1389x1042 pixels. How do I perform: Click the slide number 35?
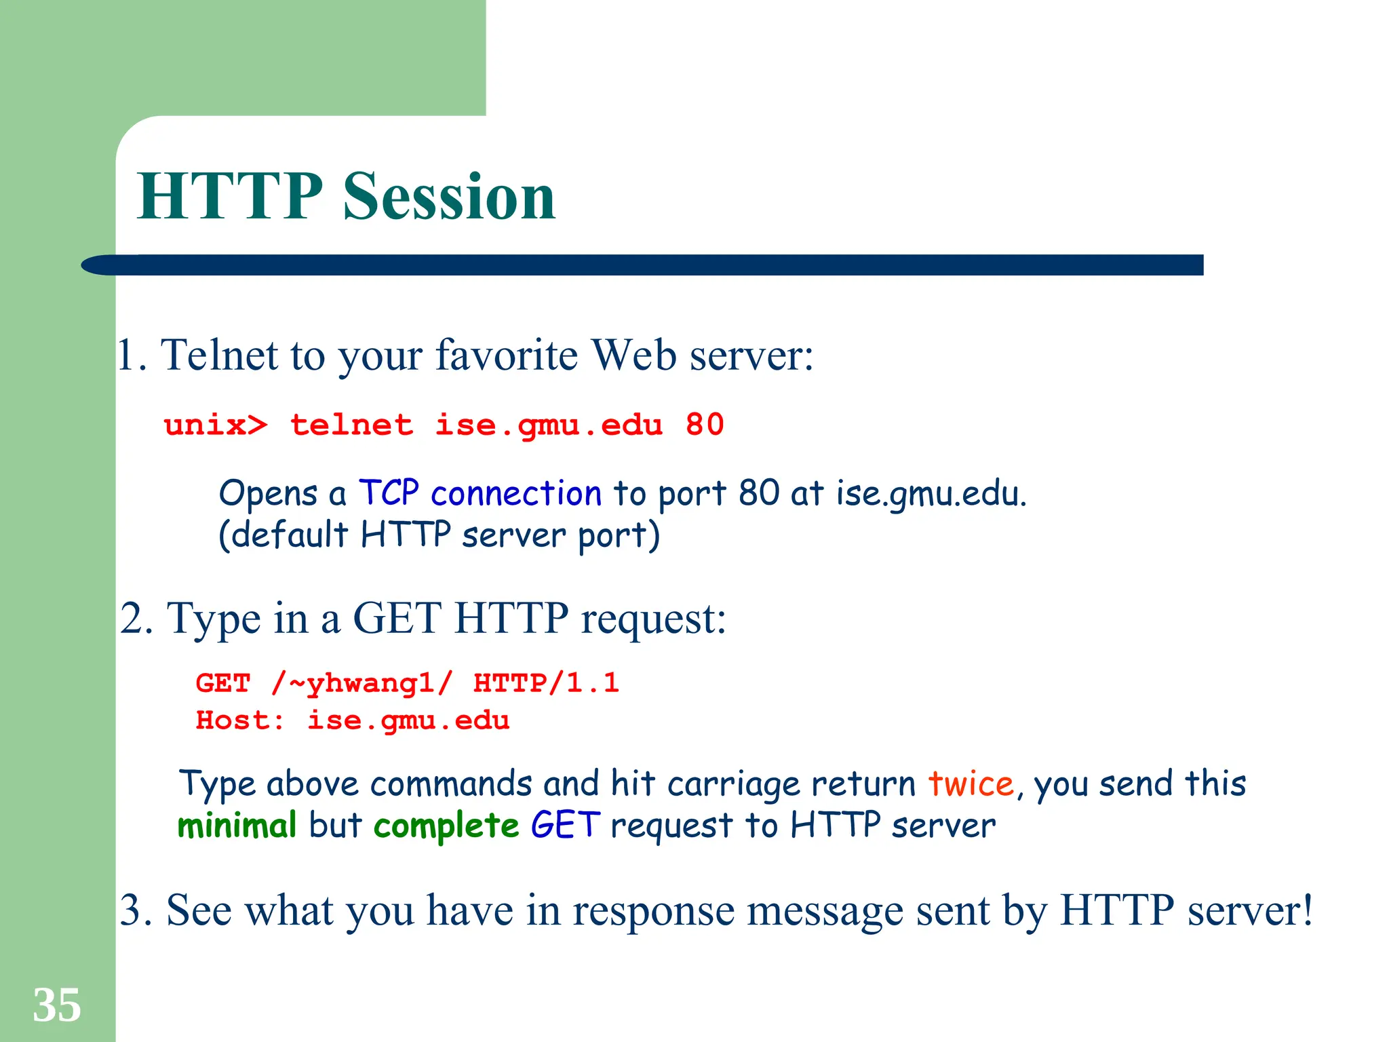pos(57,1005)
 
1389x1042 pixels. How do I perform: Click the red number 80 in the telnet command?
pos(705,425)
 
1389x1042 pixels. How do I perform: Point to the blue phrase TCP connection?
pos(480,493)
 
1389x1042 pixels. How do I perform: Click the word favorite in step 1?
pos(506,355)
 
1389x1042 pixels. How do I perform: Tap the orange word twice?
pos(971,784)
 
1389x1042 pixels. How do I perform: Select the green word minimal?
pos(237,826)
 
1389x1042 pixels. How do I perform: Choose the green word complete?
pos(446,826)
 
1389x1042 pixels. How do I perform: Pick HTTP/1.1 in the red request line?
pos(546,683)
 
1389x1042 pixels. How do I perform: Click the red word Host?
pos(240,720)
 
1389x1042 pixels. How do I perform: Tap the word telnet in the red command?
pos(351,426)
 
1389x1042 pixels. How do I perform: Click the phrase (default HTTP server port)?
pos(439,535)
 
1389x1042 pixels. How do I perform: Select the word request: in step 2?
pos(653,619)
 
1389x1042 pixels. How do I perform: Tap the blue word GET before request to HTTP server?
pos(565,826)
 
